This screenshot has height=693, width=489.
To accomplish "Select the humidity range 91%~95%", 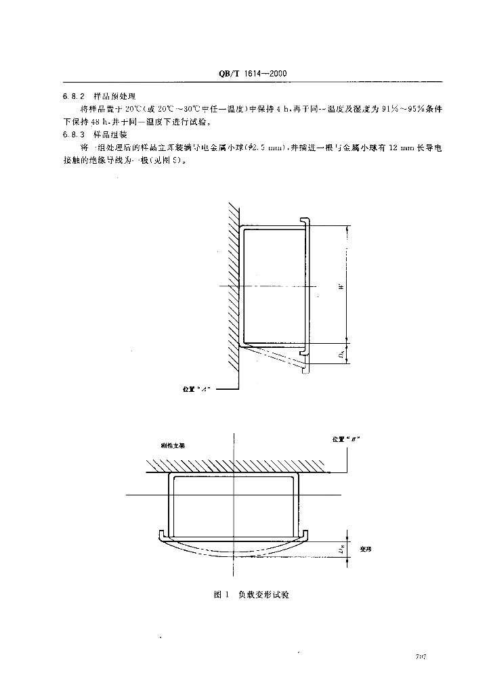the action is pos(401,109).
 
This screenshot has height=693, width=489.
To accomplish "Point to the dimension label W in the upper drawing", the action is pos(343,285).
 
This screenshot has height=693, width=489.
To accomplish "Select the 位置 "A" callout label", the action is pos(198,390).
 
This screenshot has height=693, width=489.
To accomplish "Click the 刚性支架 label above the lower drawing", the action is pos(173,447).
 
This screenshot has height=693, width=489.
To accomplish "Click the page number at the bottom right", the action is pos(425,657).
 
